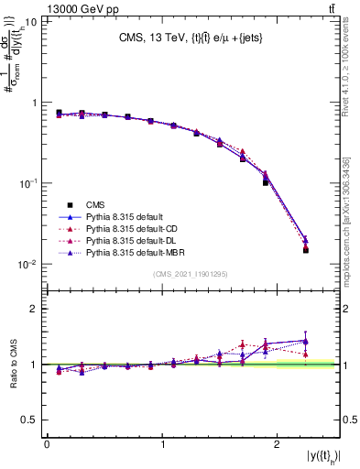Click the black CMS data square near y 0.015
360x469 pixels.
click(x=306, y=250)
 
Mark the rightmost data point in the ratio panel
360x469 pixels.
click(x=306, y=341)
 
